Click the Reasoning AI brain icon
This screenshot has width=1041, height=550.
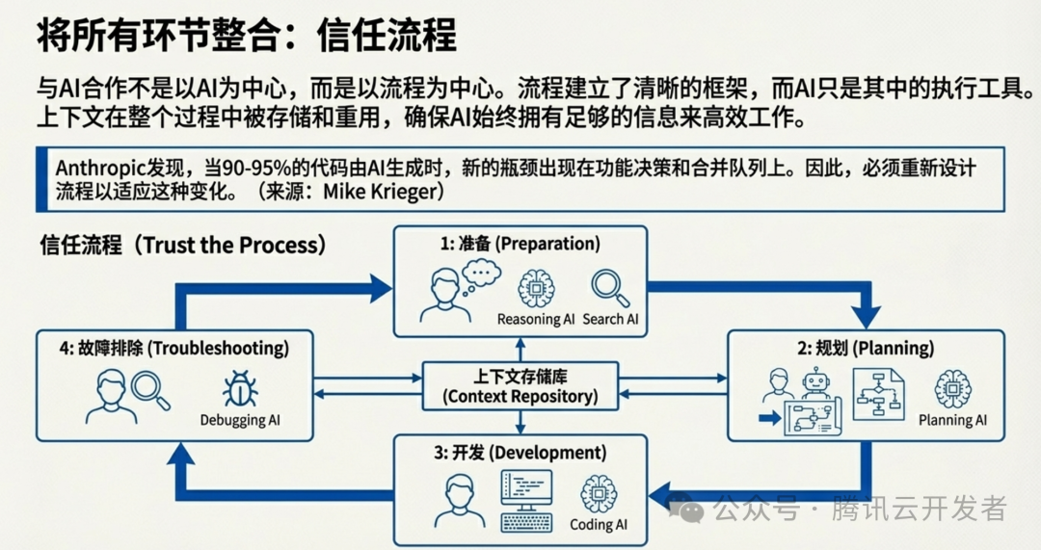[x=535, y=288]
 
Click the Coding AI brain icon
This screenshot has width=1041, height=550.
[x=599, y=494]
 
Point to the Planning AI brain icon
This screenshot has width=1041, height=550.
[x=952, y=390]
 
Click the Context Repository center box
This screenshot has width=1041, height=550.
[x=520, y=385]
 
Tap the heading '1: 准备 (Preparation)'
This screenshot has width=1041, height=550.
[x=520, y=244]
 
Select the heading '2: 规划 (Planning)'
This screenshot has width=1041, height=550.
[x=866, y=348]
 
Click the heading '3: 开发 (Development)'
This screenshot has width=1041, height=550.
[x=520, y=453]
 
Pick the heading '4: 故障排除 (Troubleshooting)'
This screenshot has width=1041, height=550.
[x=173, y=348]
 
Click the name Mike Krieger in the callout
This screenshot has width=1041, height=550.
[x=383, y=190]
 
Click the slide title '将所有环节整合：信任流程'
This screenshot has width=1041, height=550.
[x=246, y=37]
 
